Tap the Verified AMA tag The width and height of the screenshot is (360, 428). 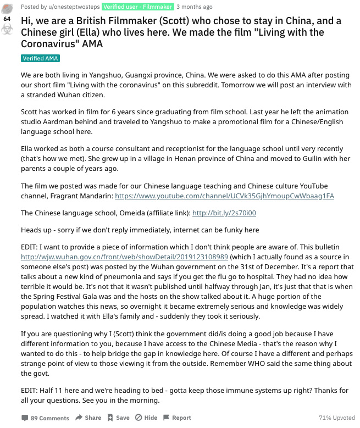click(x=40, y=58)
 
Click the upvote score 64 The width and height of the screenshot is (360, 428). click(x=7, y=18)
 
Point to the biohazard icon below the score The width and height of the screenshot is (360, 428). click(x=7, y=30)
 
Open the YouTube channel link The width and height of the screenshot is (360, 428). click(x=224, y=196)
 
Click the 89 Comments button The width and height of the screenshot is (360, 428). click(x=46, y=418)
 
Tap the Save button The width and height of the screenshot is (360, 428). click(x=119, y=418)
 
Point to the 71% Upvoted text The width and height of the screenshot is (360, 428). click(x=337, y=418)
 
